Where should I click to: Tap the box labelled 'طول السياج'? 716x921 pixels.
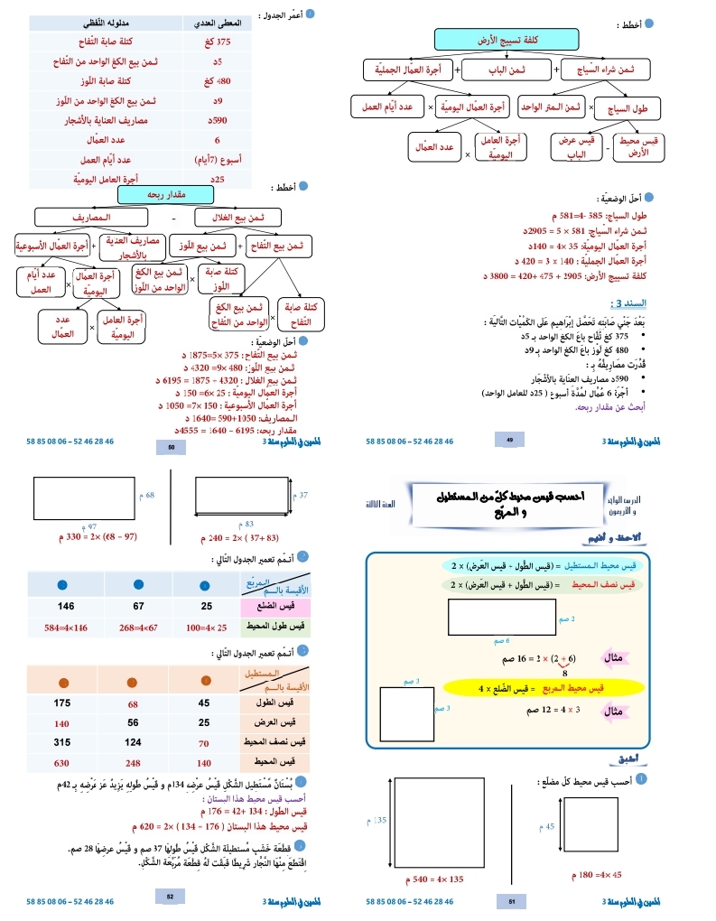coord(632,108)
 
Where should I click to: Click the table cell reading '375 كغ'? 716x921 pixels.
coord(219,42)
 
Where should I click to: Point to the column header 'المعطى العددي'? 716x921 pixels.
coord(217,22)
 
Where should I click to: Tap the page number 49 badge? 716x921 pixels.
coord(509,440)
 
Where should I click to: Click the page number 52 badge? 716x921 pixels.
coord(171,896)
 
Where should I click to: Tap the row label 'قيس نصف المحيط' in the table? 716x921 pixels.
coord(276,742)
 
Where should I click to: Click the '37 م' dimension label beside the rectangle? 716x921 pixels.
coord(304,495)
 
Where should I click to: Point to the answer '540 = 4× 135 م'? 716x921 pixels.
coord(440,879)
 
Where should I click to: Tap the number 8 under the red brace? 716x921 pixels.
coord(564,672)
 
